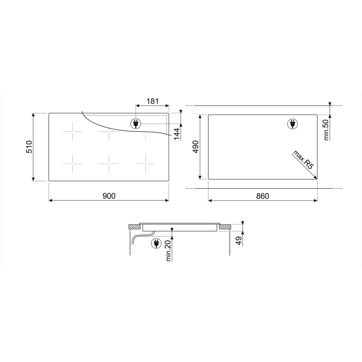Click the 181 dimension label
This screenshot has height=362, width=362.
pos(152,101)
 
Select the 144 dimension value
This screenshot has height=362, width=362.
pos(177,133)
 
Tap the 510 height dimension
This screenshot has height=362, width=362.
pos(29,147)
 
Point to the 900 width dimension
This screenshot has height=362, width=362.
pos(109,196)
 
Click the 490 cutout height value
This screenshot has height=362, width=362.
pos(196,147)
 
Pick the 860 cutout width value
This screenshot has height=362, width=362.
pos(262,196)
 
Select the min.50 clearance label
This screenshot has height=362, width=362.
pos(326,130)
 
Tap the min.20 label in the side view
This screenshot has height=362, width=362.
pos(168,250)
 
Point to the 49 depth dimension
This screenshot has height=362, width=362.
pos(239,241)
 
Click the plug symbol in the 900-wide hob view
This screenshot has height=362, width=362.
pos(136,123)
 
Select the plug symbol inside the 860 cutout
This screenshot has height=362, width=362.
pos(292,124)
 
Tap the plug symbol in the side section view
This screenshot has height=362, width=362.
pos(156,243)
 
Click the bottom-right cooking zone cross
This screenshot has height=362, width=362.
pos(146,163)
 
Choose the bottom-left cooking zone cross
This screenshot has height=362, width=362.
pos(72,163)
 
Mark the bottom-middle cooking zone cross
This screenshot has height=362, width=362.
pos(109,163)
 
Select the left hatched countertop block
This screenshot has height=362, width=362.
pos(135,227)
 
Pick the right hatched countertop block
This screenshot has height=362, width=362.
pos(225,227)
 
